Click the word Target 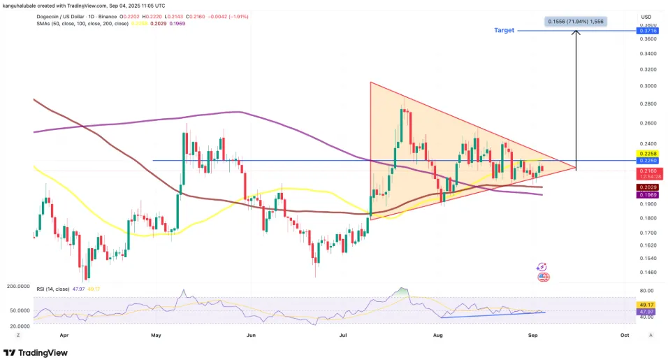(504, 31)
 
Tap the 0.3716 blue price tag (646, 31)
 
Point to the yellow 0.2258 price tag (646, 153)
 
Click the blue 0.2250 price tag (646, 160)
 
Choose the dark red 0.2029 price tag (646, 187)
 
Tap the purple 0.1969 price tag (646, 194)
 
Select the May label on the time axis (155, 336)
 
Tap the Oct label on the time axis (625, 336)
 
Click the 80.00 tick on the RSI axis (646, 291)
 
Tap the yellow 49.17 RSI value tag (646, 304)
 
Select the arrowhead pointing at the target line (576, 35)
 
